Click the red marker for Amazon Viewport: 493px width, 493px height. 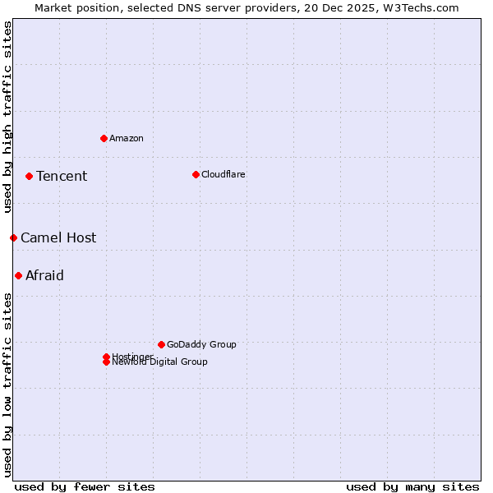pyautogui.click(x=104, y=138)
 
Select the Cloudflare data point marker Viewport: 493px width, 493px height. pyautogui.click(x=196, y=174)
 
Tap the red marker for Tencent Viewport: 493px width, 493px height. pyautogui.click(x=29, y=176)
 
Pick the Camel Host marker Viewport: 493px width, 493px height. pyautogui.click(x=13, y=237)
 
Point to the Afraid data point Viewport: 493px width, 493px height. pyautogui.click(x=18, y=275)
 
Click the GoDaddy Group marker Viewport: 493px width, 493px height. pyautogui.click(x=161, y=344)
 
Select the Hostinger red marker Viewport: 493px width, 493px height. pyautogui.click(x=106, y=357)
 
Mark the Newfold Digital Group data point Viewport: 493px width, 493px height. pyautogui.click(x=106, y=362)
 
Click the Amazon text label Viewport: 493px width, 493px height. pyautogui.click(x=127, y=138)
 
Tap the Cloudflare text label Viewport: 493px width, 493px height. pyautogui.click(x=223, y=174)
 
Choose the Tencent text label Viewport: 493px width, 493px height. pyautogui.click(x=62, y=176)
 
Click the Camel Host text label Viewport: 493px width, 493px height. pyautogui.click(x=58, y=237)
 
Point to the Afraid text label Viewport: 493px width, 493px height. pyautogui.click(x=44, y=275)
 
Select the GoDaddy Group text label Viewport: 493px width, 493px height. pyautogui.click(x=201, y=344)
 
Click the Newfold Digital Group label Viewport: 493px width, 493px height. pyautogui.click(x=160, y=362)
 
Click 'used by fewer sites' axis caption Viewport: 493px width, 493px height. pyautogui.click(x=85, y=486)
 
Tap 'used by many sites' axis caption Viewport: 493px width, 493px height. pyautogui.click(x=412, y=486)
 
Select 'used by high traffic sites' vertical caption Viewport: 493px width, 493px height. pyautogui.click(x=7, y=117)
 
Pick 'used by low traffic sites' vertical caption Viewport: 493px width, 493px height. pyautogui.click(x=7, y=384)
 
